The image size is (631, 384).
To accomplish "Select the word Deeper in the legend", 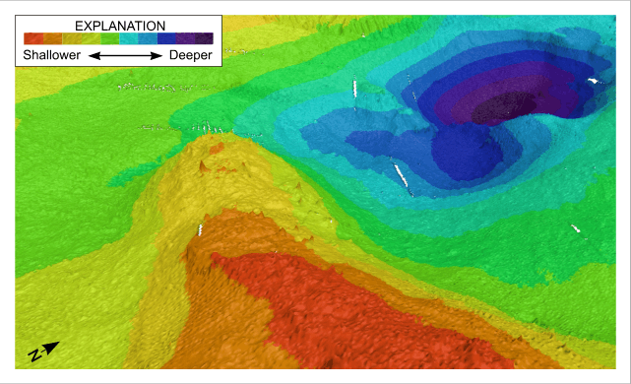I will (x=190, y=56).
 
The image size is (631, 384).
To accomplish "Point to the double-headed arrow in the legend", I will (x=125, y=57).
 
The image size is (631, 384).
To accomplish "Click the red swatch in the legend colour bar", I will (x=34, y=38).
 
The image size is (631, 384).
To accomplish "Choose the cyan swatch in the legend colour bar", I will (x=148, y=38).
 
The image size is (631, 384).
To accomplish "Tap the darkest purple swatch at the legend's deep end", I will (x=205, y=38).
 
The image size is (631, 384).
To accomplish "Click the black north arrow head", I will (x=52, y=347).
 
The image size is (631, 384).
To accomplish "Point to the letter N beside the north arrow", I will (x=34, y=354).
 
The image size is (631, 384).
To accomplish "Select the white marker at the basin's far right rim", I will (x=593, y=80).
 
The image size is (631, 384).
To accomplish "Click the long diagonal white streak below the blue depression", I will (x=401, y=174).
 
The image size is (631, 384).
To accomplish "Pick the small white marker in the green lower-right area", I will (x=576, y=228).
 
